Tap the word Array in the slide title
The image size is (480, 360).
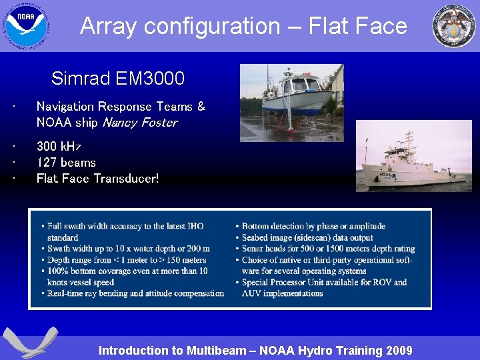108,26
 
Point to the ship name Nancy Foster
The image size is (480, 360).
139,123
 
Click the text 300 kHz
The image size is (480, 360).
58,146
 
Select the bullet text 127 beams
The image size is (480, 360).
66,163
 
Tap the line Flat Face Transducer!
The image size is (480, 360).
97,179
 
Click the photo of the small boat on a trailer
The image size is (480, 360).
291,103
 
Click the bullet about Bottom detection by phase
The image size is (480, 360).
313,227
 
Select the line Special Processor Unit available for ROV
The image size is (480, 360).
324,283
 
